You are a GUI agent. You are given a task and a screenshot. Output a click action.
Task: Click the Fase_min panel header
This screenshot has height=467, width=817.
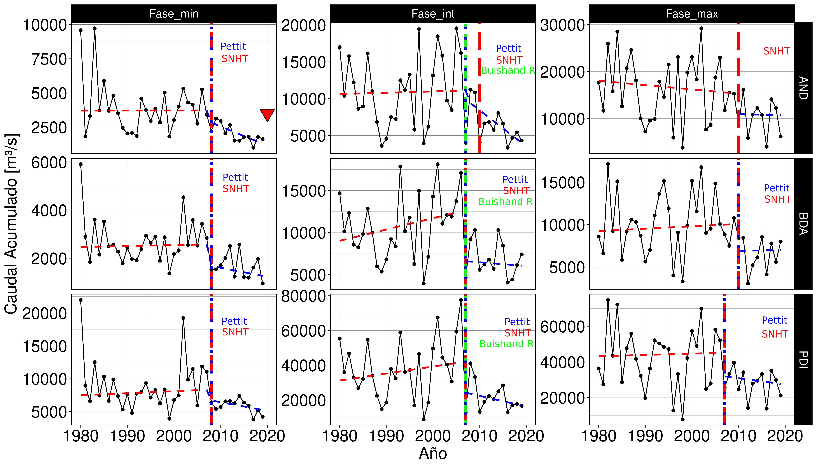174,14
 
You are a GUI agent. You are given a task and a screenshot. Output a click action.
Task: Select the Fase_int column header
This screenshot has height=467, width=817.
433,14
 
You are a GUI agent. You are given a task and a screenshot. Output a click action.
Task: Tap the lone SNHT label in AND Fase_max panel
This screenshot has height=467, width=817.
776,51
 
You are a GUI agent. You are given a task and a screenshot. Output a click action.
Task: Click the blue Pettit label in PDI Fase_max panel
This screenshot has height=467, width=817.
774,320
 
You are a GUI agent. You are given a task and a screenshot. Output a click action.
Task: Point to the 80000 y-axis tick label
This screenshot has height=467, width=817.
303,296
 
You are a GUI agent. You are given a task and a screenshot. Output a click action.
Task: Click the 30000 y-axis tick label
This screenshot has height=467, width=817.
562,25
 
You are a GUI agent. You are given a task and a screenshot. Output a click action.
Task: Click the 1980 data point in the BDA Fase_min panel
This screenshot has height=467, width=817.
81,164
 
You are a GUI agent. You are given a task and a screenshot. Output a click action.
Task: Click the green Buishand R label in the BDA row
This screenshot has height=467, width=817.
505,202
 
